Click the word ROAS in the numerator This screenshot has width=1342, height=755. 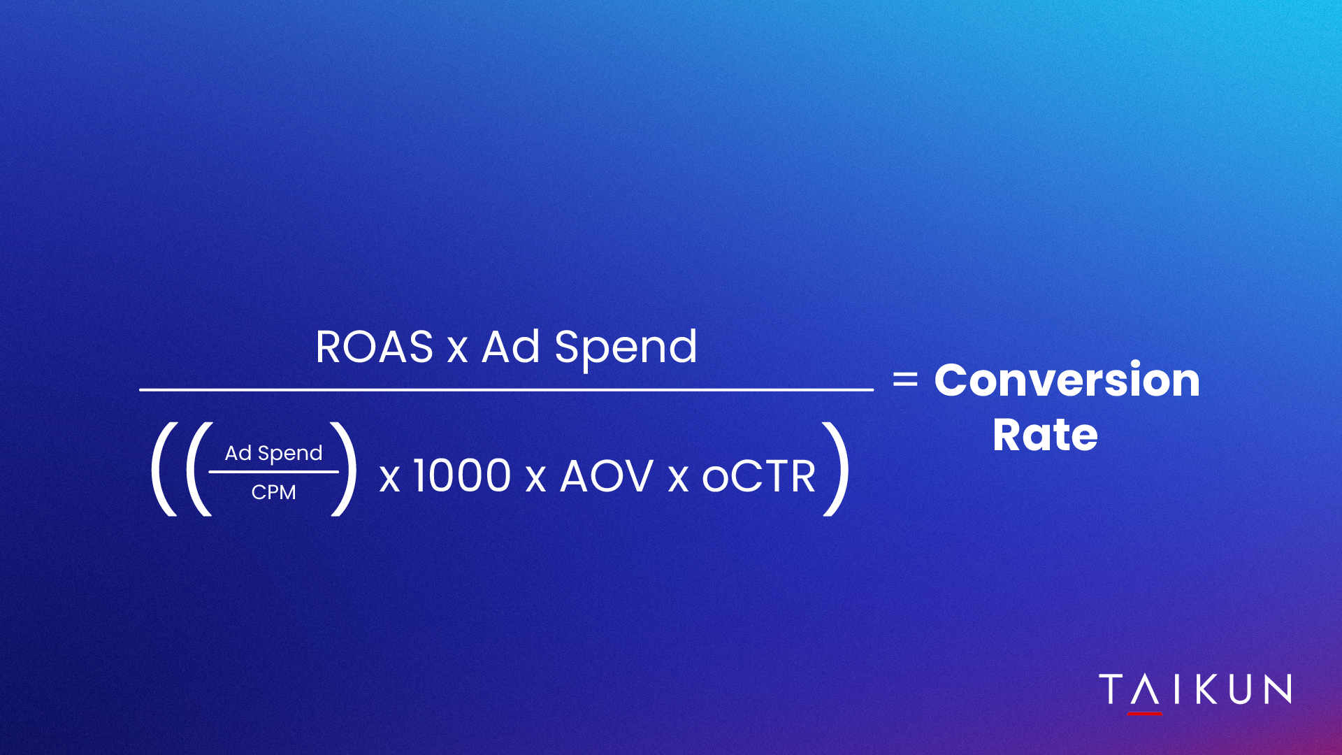tap(375, 347)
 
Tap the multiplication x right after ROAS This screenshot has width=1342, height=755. tap(457, 350)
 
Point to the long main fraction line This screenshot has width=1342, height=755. tap(506, 389)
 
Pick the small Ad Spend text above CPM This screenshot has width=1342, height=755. tap(273, 454)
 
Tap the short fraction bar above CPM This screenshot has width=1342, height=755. tap(273, 472)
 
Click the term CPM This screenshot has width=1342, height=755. tap(273, 492)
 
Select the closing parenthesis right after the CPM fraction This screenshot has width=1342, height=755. tap(344, 470)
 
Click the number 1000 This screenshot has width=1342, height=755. tap(462, 476)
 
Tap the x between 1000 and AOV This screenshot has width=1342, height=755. tap(535, 480)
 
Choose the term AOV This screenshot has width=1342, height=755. tap(607, 477)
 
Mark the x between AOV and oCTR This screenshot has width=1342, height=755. tap(678, 480)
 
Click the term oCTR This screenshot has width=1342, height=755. tap(758, 477)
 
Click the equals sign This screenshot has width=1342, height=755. tap(905, 380)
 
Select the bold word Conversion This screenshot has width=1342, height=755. tap(1067, 380)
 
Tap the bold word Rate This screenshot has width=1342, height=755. tap(1045, 435)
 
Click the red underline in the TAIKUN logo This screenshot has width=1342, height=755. tap(1145, 714)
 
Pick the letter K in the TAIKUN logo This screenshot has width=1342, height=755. tap(1209, 689)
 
